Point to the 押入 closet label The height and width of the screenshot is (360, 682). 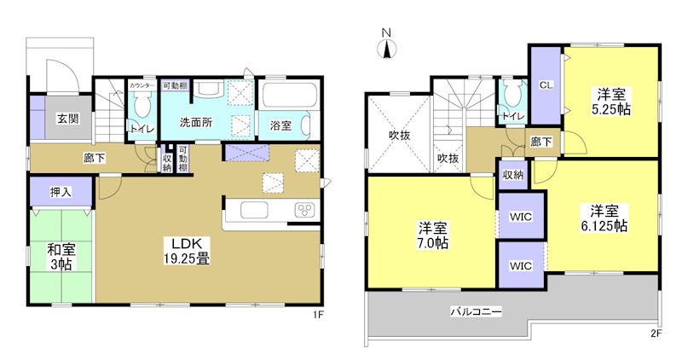coord(61,192)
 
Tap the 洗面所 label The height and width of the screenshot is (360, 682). coord(195,122)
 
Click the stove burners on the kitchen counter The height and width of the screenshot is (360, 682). coord(303,211)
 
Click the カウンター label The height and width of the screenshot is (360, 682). coord(141,86)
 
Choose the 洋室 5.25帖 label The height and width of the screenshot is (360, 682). coord(613,102)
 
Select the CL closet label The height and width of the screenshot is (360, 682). coord(546,84)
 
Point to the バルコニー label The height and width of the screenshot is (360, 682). coord(476,312)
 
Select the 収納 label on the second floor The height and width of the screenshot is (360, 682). coord(513,174)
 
